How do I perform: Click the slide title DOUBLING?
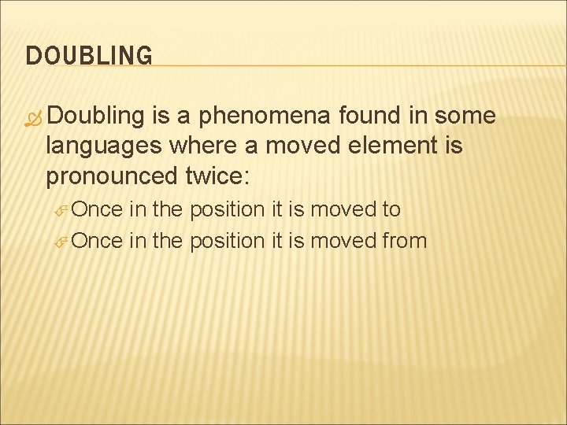click(89, 56)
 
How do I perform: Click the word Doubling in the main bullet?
click(96, 116)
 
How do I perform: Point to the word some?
click(466, 116)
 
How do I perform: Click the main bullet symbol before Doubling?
click(33, 117)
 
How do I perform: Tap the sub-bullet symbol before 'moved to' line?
click(64, 211)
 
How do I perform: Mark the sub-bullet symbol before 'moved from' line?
click(64, 241)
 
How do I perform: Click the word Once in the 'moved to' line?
click(97, 210)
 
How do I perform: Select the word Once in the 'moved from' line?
click(97, 240)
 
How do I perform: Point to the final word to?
click(391, 210)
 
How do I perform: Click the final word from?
click(404, 240)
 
